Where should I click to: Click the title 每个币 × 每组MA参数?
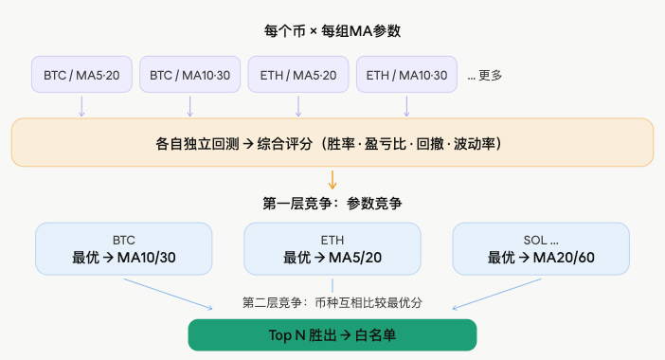332,31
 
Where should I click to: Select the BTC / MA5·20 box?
81,75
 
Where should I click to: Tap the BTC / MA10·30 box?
189,75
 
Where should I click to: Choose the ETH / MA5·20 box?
298,75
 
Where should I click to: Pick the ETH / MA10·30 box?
406,75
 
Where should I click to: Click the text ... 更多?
484,75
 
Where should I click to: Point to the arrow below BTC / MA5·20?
81,105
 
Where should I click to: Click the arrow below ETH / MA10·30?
406,105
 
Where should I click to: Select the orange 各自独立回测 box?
332,143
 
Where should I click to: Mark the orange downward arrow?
332,178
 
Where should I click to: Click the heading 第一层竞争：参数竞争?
332,203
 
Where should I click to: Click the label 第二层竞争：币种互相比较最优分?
332,302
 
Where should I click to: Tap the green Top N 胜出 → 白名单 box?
332,335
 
